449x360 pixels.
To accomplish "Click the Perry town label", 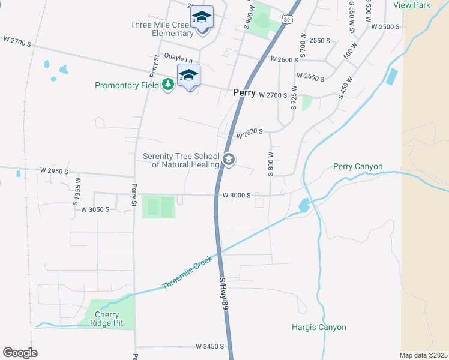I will pos(244,93).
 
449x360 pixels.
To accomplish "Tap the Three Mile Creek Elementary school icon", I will pos(202,18).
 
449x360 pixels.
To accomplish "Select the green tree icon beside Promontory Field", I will pos(168,85).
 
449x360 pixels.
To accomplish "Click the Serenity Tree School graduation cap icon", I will pos(228,160).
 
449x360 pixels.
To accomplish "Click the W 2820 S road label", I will pos(250,135).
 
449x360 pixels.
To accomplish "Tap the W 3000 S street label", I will pos(236,195).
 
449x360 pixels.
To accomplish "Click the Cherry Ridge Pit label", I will pos(106,319).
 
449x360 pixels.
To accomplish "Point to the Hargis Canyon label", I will pos(319,328).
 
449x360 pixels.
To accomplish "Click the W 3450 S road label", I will pos(209,347).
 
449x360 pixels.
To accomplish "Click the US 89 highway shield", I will pos(288,20).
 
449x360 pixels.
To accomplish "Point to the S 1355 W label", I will pos(77,191).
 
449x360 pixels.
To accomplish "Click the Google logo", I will pos(20,352).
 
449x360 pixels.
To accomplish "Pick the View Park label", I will pos(412,5).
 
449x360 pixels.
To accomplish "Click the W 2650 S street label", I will pos(310,78).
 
